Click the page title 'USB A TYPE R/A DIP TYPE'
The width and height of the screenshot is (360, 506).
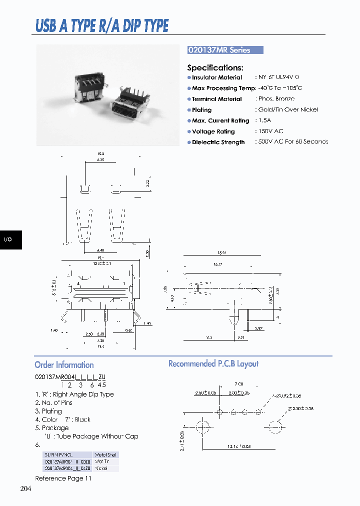(x=102, y=25)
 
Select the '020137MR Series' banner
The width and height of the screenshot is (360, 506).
(x=224, y=50)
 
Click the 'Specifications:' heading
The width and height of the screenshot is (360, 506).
(x=215, y=67)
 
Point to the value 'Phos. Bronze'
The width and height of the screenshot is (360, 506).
(x=276, y=99)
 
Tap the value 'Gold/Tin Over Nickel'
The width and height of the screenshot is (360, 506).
(x=287, y=109)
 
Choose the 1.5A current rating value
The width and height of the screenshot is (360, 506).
(x=265, y=120)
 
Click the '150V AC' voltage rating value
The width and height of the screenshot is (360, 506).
(x=270, y=131)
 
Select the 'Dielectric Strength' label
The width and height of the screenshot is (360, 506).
(x=218, y=142)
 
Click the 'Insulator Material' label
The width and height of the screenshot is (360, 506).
(x=216, y=77)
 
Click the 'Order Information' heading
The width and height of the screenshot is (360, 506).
(x=64, y=365)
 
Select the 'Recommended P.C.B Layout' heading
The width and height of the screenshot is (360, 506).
(x=213, y=364)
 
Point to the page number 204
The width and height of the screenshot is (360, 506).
(x=26, y=488)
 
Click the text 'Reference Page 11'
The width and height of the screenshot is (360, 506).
(x=63, y=478)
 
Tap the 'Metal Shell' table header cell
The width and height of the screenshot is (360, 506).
(x=105, y=455)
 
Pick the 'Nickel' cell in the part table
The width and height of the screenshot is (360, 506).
(x=102, y=468)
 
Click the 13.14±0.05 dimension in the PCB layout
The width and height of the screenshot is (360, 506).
(x=239, y=446)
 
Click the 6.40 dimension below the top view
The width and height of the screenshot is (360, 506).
(x=101, y=250)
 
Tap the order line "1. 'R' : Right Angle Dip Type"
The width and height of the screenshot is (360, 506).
(x=74, y=394)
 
